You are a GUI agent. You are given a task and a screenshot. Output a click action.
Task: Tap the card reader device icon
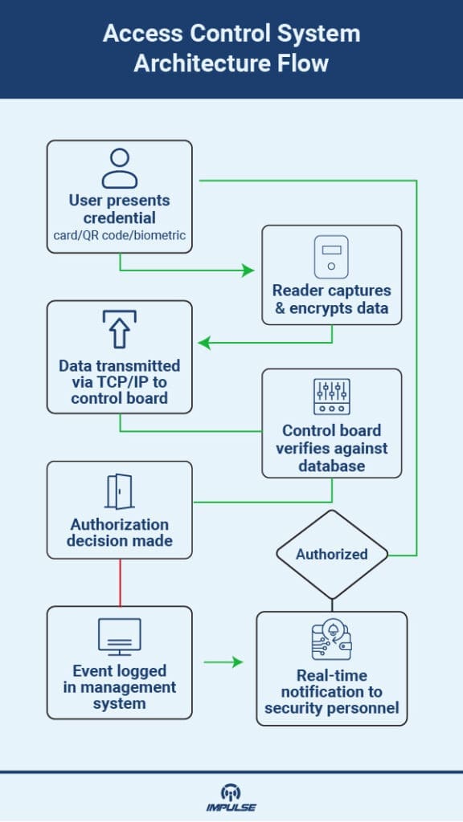coord(330,258)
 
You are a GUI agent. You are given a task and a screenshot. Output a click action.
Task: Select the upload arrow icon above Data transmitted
coord(119,330)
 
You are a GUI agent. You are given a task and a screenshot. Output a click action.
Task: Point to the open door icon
coord(119,491)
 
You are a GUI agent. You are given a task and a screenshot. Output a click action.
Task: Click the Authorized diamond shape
coord(331,554)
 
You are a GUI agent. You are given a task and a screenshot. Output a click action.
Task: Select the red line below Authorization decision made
coord(120,582)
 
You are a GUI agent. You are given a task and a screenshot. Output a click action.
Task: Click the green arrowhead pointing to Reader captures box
coord(248,271)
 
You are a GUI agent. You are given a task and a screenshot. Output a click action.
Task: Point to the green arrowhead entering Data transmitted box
coord(204,344)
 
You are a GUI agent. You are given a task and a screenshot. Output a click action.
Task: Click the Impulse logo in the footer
coord(231,797)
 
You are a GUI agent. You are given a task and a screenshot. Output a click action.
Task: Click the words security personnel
coord(331,709)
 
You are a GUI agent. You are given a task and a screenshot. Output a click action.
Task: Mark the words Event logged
coord(119,671)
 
